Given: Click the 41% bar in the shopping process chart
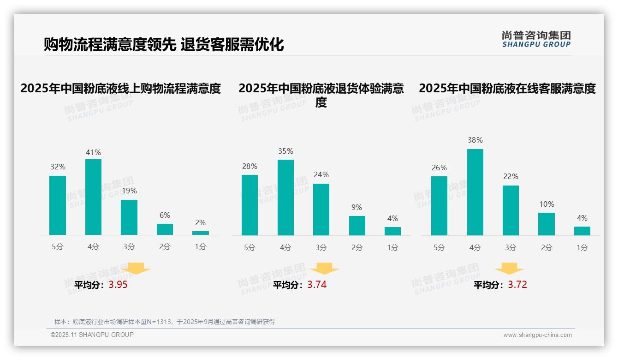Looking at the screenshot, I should coord(93,197).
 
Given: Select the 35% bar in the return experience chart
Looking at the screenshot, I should coord(285,198).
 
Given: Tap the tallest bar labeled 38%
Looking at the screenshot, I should coord(475,192).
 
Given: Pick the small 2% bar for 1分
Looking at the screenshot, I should coord(201,233).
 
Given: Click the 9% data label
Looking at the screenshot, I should coord(357,208).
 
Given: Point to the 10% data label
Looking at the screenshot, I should coord(547,204).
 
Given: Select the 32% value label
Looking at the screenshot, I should coord(58,167).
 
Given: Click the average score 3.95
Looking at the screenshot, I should coord(118,285).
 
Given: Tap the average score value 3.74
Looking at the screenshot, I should coord(317,285).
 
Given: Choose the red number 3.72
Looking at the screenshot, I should coord(517,285).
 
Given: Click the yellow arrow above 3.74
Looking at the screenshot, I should coord(324,269).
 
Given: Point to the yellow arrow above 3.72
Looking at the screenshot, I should coord(509,269).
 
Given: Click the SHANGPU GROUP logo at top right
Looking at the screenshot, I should coord(536,39).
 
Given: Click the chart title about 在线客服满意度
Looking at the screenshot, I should coord(507,88).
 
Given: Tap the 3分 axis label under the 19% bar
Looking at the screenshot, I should coord(129,247).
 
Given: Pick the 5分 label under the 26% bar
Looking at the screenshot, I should coord(439,248).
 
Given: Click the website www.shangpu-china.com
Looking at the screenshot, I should coord(537,335).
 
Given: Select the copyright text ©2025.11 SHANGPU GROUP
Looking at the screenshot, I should coord(92,335).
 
